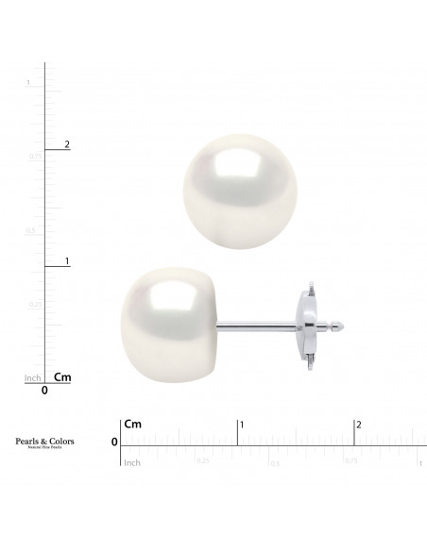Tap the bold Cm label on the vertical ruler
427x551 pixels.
[x=63, y=376]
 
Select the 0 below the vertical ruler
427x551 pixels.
[x=44, y=389]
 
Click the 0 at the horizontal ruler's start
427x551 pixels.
[x=114, y=442]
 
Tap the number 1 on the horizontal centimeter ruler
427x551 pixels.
[x=243, y=426]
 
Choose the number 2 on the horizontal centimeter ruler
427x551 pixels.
[x=358, y=426]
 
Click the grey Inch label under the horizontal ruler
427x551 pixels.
[x=132, y=462]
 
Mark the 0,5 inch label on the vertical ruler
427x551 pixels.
[x=30, y=230]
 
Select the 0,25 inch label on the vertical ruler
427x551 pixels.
[x=35, y=304]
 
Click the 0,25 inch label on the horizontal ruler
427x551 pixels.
[x=202, y=462]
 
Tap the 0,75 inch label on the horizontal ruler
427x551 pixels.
[x=350, y=462]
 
